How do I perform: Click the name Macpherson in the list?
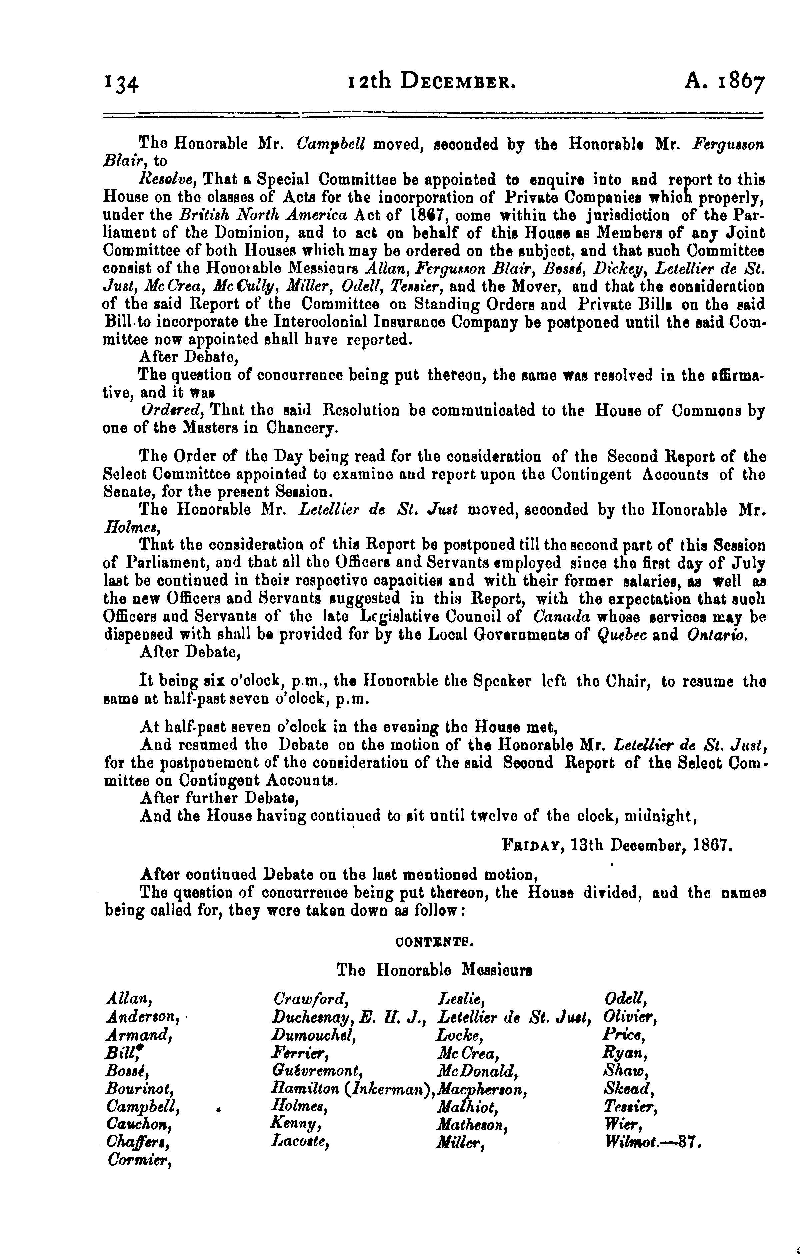click(483, 1089)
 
